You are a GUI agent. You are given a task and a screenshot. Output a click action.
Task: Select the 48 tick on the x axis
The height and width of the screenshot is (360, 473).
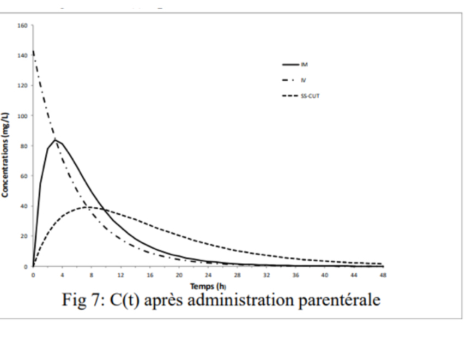(383, 275)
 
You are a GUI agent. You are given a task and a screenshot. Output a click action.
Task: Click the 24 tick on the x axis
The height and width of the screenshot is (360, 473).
(208, 275)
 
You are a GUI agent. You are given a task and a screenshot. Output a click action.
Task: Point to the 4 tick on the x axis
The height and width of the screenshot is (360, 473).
(62, 275)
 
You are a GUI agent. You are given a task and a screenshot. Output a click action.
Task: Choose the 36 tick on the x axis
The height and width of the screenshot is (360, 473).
(295, 275)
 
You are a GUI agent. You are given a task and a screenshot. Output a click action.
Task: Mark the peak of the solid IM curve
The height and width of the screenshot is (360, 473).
(54, 140)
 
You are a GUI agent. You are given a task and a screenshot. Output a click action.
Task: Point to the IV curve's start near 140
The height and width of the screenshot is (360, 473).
(33, 53)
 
